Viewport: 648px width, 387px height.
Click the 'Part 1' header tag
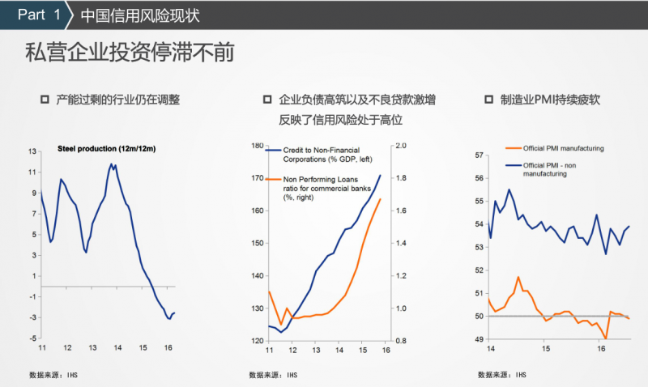pyautogui.click(x=39, y=15)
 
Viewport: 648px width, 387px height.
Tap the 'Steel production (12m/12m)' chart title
pyautogui.click(x=106, y=149)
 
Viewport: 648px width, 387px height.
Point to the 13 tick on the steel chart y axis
pyautogui.click(x=32, y=151)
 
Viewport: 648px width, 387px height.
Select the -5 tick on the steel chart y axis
pyautogui.click(x=32, y=338)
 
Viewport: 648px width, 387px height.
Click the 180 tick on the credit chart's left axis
pyautogui.click(x=258, y=146)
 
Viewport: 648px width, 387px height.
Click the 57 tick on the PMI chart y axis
pyautogui.click(x=479, y=155)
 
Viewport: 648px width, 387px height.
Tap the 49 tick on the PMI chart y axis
pyautogui.click(x=479, y=339)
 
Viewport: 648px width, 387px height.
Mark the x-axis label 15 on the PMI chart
pyautogui.click(x=546, y=348)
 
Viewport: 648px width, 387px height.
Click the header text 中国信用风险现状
pyautogui.click(x=140, y=15)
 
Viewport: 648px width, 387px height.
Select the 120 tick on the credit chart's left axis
pyautogui.click(x=258, y=341)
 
